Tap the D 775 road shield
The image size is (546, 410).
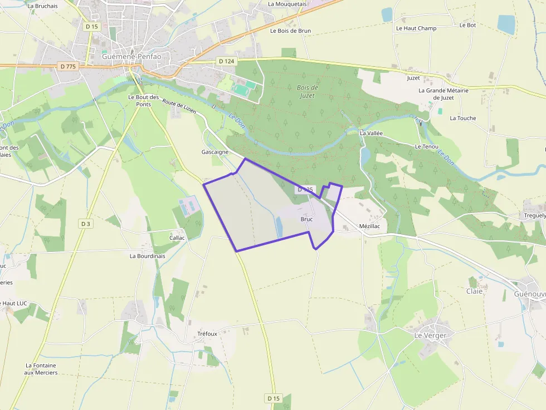point(67,66)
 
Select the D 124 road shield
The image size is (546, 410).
point(226,61)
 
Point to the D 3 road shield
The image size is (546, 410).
point(85,224)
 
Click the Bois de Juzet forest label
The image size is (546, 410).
point(307,92)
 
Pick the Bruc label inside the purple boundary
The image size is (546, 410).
point(306,219)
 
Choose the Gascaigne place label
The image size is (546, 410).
point(215,152)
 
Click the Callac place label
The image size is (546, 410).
point(177,238)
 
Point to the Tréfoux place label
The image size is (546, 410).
point(207,334)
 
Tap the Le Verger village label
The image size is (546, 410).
point(430,335)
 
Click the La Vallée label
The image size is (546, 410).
point(371,134)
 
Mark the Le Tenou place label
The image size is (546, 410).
point(426,146)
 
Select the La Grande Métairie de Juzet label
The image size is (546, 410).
point(443,94)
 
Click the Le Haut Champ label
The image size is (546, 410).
point(416,28)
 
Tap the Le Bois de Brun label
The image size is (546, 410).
point(290,31)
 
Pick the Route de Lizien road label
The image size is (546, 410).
point(179,107)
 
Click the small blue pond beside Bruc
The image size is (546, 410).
point(279,226)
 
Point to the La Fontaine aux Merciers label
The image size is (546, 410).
point(41,369)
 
